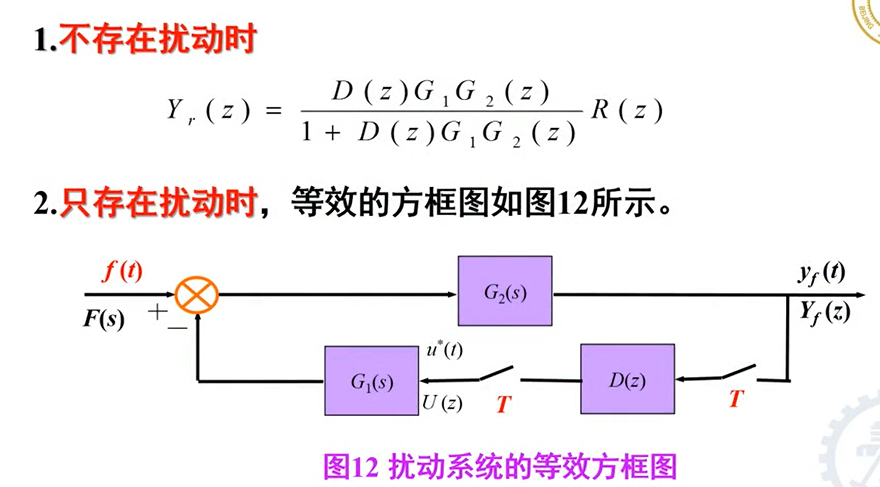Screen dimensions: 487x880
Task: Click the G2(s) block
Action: tap(505, 291)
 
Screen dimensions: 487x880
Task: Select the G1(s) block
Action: tap(372, 381)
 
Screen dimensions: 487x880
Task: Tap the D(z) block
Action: tap(627, 379)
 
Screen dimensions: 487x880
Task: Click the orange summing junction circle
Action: tap(197, 295)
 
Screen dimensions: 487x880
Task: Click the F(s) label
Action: tap(104, 319)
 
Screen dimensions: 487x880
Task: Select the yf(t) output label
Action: tap(821, 273)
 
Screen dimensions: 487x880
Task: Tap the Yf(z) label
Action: tap(824, 313)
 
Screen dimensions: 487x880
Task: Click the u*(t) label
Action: tap(444, 350)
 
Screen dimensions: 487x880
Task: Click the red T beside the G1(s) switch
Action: tap(504, 404)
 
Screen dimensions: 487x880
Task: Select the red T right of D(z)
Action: tap(737, 398)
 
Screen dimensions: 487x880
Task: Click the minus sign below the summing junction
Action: tap(177, 329)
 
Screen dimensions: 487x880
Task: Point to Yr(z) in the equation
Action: tap(208, 111)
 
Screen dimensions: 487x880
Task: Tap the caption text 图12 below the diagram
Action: tap(350, 466)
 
